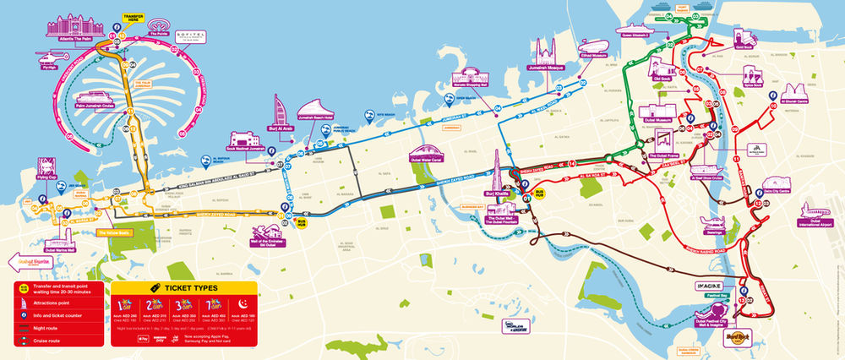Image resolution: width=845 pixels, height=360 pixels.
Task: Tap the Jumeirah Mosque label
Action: click(545, 68)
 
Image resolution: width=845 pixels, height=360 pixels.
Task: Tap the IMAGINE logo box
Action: click(713, 286)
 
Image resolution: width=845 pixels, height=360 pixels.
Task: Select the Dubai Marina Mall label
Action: click(60, 250)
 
